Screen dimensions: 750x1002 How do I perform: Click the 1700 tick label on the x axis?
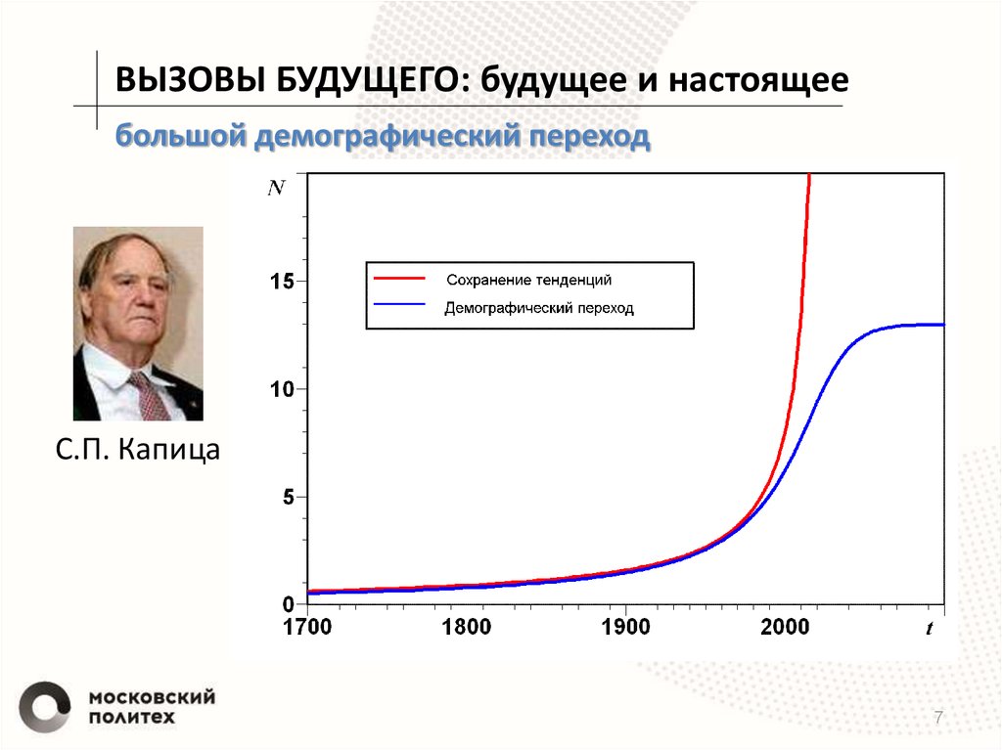tap(307, 627)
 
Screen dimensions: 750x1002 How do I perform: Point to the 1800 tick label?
tap(466, 627)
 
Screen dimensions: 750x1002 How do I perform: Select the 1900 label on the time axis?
tap(625, 627)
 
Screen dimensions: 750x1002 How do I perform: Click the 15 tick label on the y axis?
tap(281, 282)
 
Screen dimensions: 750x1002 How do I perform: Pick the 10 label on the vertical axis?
tap(281, 389)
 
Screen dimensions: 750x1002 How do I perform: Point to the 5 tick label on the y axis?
tap(289, 497)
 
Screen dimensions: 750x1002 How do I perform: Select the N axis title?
tap(277, 189)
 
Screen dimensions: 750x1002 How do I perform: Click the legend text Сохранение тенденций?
tap(528, 280)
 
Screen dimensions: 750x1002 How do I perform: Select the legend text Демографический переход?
tap(539, 308)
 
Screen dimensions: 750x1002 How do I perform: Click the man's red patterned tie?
tap(149, 396)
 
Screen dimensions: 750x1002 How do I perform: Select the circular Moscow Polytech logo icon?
tap(44, 706)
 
